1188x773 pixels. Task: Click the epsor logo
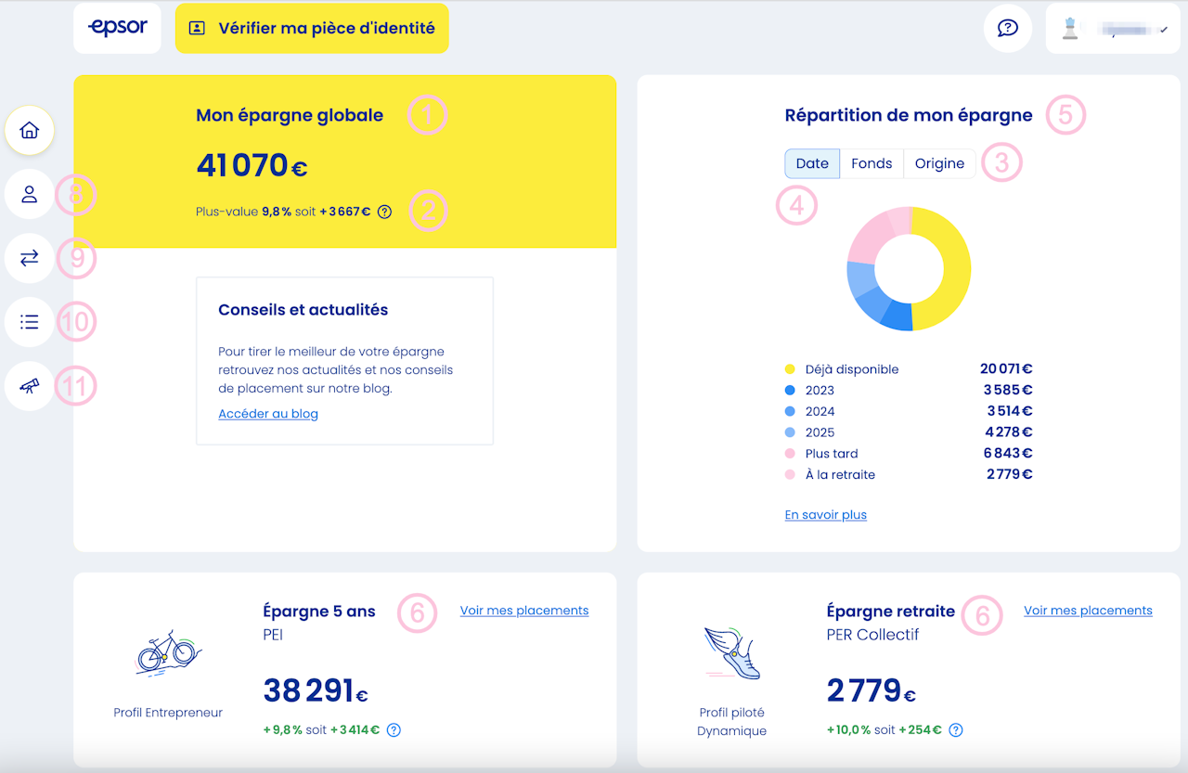(117, 28)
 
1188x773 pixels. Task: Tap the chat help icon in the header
(1008, 28)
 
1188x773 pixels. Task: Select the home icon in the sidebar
(30, 131)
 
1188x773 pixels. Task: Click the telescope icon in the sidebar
(30, 386)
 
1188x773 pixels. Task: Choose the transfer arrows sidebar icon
(30, 258)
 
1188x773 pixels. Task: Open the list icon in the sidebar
(30, 322)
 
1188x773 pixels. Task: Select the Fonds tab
(872, 163)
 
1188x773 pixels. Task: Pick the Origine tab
(939, 163)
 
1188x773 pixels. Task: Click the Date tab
(812, 163)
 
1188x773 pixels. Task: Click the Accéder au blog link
(268, 414)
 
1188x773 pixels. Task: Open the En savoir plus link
(826, 515)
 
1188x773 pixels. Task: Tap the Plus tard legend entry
(831, 454)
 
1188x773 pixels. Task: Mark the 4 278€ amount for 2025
(1010, 432)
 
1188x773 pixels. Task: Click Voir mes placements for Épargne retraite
(1088, 611)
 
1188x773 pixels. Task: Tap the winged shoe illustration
(733, 652)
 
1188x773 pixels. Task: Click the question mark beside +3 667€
(385, 212)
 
